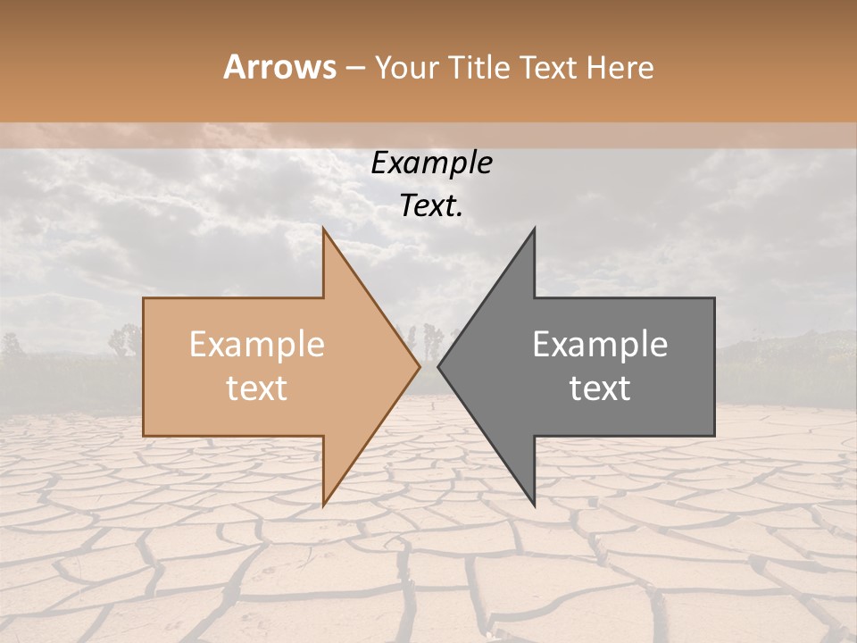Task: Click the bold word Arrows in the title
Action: pos(280,67)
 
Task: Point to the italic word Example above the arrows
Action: pos(431,163)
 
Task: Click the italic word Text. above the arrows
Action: pos(431,206)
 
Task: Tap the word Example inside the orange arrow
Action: pos(256,345)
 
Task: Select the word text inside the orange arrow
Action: pos(256,388)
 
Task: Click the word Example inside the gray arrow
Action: pos(600,345)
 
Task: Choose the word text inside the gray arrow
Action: pos(600,388)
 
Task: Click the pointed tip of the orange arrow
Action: pos(420,366)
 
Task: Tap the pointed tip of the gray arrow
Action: pos(438,366)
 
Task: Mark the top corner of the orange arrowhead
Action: pos(324,229)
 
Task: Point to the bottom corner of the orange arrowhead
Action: pos(324,505)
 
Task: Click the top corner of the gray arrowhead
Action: pos(534,229)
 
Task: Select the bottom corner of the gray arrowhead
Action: pos(534,505)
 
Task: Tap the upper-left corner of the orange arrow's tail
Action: pos(144,298)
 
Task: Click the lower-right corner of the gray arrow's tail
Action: pos(714,435)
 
